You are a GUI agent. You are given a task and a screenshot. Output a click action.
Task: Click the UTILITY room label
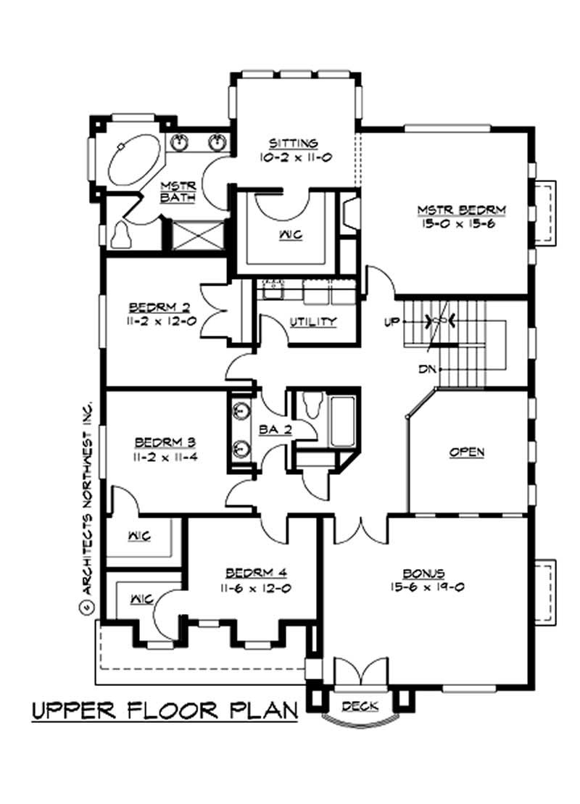pos(312,321)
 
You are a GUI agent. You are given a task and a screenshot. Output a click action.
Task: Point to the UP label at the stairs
pos(392,320)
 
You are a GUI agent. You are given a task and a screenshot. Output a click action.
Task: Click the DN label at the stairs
pos(427,369)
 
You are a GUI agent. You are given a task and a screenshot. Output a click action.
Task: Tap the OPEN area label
pos(467,452)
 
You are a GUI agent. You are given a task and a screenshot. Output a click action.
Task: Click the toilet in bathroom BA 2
pos(314,405)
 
